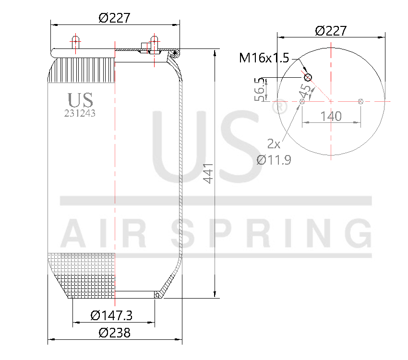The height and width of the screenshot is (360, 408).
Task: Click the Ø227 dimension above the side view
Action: (x=114, y=18)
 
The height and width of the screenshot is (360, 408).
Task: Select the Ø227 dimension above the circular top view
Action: (x=331, y=31)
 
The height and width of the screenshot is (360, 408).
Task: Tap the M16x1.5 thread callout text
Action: (x=264, y=59)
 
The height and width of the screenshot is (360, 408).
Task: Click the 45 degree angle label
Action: (x=303, y=91)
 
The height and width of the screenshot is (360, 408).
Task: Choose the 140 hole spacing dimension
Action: (x=331, y=116)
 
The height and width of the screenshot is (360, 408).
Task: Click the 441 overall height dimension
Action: (x=208, y=173)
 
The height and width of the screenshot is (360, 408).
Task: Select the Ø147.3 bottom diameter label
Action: (x=111, y=315)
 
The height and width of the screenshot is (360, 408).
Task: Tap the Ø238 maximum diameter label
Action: (x=114, y=333)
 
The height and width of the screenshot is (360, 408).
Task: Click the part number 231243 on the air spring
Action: (x=80, y=114)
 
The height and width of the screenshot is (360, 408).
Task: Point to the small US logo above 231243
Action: (x=80, y=100)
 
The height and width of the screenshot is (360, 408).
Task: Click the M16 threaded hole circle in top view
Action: (x=308, y=77)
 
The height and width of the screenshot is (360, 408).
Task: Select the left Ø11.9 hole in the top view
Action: (x=302, y=101)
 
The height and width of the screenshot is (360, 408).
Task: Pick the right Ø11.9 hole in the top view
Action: (x=361, y=101)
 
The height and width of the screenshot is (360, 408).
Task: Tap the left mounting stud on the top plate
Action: (x=75, y=41)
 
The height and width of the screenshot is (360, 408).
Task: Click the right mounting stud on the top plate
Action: (x=154, y=41)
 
